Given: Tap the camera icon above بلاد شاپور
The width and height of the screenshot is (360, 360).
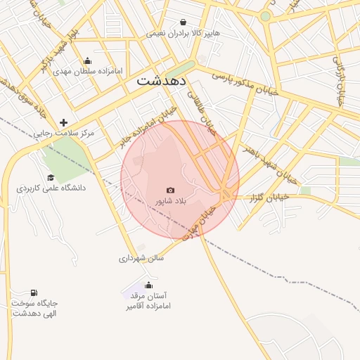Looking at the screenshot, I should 170,190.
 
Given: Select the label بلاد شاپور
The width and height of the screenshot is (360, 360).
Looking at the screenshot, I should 170,202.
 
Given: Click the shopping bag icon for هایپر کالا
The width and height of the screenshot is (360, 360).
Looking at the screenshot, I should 184,22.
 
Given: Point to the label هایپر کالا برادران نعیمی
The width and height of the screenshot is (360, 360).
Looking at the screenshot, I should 184,33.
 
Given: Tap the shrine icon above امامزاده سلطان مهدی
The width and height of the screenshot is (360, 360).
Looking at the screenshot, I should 86,60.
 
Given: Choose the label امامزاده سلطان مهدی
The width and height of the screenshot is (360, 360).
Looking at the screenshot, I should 87,72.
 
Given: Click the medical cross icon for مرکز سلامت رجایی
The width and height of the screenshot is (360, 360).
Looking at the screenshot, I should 63,122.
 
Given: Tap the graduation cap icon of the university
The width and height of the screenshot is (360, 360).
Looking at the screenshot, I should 51,177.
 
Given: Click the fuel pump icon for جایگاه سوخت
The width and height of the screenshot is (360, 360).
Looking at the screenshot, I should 33,292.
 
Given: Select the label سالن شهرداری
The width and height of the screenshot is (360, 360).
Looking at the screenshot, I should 141,258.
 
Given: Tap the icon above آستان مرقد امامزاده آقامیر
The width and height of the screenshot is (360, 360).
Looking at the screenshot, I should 148,285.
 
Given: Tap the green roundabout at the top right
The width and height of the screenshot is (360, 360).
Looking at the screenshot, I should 265,15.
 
